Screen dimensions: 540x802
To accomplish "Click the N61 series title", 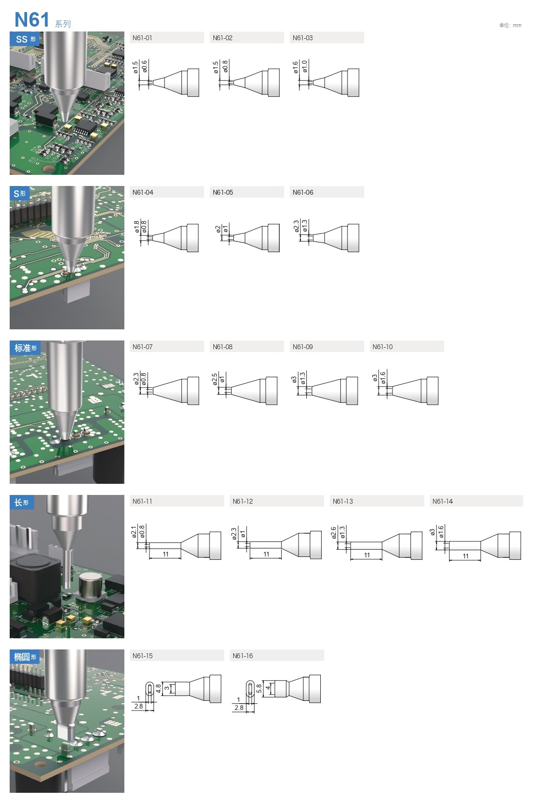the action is click(43, 20).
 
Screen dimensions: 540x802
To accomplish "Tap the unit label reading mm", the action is click(517, 25).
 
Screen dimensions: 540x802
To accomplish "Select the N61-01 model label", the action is click(142, 38).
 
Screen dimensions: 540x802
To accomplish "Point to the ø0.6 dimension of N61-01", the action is click(145, 67).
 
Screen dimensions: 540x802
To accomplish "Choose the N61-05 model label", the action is click(223, 192).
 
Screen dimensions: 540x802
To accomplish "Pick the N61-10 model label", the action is click(382, 347).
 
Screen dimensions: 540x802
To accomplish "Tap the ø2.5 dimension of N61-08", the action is click(214, 379).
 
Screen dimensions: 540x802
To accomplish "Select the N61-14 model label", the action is click(442, 502).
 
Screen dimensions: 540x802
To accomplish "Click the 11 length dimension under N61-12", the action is click(266, 554).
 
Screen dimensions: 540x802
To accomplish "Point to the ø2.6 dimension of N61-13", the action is click(333, 533).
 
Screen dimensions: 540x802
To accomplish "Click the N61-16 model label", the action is click(242, 656).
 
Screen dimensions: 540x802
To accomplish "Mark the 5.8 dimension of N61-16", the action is click(259, 688).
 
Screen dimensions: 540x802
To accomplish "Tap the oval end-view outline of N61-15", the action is click(150, 689).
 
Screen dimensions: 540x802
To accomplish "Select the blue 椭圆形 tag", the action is click(25, 657).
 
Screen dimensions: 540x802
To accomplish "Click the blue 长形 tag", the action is click(22, 502).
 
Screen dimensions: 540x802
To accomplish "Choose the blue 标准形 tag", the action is click(25, 348).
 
